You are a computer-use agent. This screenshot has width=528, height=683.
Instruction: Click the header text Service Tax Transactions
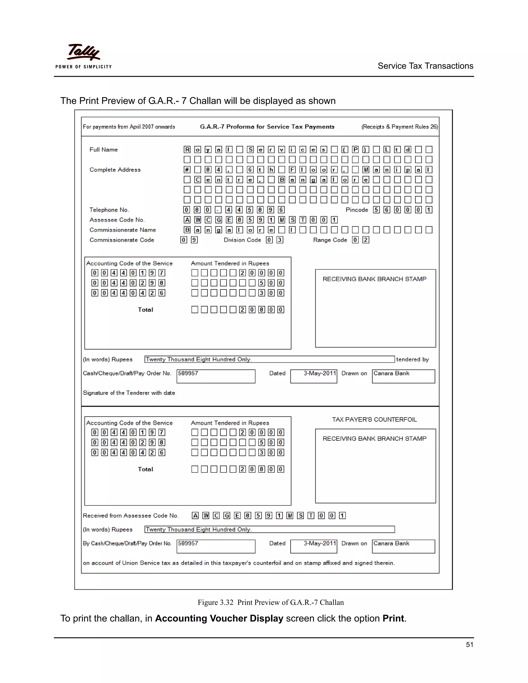point(425,66)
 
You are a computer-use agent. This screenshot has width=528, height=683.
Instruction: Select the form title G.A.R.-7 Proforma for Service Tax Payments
point(267,127)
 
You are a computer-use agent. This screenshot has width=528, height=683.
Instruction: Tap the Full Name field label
point(104,150)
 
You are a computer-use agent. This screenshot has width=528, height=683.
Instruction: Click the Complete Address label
point(115,170)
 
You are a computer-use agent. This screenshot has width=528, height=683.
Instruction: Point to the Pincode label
point(357,210)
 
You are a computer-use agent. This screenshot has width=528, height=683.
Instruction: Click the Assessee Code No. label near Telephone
point(117,220)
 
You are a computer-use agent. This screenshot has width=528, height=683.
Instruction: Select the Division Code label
point(242,240)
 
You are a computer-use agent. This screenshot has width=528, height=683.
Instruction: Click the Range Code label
point(330,240)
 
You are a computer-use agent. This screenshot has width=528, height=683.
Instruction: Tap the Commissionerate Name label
point(123,230)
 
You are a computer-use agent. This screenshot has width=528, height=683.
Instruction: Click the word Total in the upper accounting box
point(145,310)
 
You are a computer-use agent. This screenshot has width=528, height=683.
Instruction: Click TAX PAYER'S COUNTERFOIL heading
point(374,419)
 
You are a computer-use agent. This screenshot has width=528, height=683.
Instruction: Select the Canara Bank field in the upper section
point(391,373)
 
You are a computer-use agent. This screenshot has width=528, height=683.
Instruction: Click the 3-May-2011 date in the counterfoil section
point(319,544)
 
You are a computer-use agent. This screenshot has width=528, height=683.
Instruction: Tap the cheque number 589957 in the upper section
point(188,373)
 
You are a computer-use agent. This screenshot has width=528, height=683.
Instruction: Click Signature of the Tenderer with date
point(129,393)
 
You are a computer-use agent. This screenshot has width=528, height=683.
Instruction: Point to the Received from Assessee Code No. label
point(131,516)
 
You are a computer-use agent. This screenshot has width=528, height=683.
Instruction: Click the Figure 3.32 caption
point(270,602)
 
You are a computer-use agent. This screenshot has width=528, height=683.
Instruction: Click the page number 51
point(469,645)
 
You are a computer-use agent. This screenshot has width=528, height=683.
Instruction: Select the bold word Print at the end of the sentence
point(393,619)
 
